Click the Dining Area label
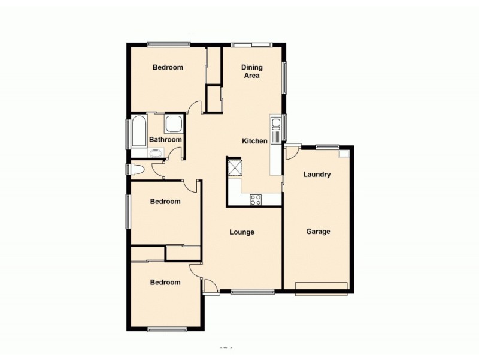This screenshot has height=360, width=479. (x=251, y=71)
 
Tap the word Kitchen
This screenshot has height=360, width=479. (x=254, y=141)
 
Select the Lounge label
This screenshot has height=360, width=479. (x=242, y=232)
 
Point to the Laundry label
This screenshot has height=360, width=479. (x=317, y=175)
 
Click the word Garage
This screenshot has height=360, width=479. (x=318, y=231)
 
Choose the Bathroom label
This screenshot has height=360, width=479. (x=165, y=140)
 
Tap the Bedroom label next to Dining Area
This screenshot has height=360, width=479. (x=168, y=67)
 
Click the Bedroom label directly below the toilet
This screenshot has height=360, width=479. (x=165, y=202)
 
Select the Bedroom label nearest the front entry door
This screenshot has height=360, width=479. (x=165, y=282)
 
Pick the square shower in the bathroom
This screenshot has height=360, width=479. (x=174, y=124)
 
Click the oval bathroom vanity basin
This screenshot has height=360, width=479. (x=157, y=152)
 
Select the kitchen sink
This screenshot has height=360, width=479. (x=276, y=125)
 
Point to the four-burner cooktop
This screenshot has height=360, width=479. (x=256, y=200)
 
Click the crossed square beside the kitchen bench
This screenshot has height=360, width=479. (x=234, y=166)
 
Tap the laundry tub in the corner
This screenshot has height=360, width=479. (x=344, y=154)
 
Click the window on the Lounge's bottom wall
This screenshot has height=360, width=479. (x=252, y=292)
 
